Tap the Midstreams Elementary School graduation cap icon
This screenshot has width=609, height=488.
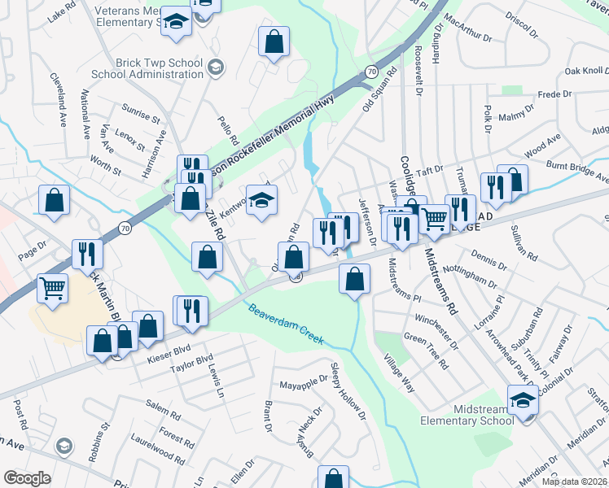coord(523,401)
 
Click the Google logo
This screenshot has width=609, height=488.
coord(27,478)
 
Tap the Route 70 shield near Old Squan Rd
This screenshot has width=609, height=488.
coord(371,72)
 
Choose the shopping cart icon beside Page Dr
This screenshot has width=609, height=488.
coord(53,287)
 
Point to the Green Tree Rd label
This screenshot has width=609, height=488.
coord(426,352)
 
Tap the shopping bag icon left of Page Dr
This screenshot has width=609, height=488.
coord(54,199)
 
